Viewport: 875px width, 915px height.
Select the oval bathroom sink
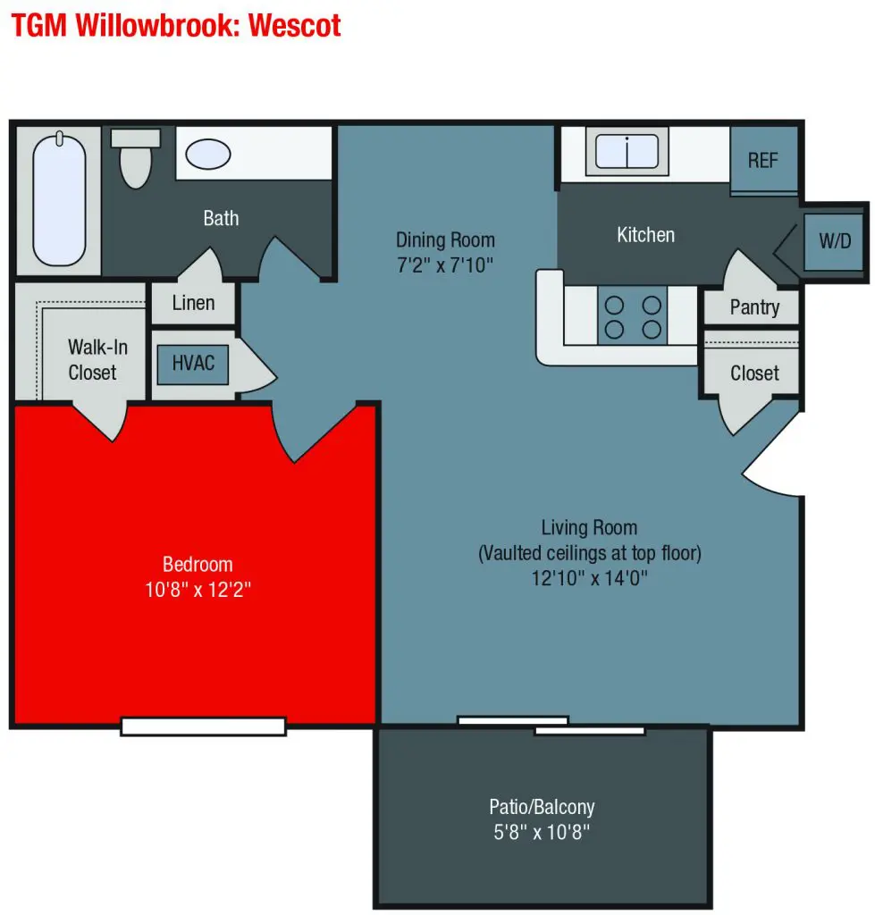pos(208,154)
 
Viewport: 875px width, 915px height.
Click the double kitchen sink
pos(627,150)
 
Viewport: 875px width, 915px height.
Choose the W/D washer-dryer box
pos(834,241)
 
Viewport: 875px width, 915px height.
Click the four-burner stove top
pos(633,315)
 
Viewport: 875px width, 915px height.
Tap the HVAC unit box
pos(193,365)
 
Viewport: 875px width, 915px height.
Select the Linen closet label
pos(193,303)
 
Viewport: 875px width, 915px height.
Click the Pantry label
pos(754,307)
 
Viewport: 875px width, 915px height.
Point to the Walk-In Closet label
pos(97,359)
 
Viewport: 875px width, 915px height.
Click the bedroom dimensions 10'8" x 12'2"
pos(198,590)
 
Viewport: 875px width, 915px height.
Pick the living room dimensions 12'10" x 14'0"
pos(590,578)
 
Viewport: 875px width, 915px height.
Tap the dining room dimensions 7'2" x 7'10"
pos(445,265)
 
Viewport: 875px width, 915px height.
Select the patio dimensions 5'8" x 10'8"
pos(542,832)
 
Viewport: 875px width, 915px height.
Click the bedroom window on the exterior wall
pos(203,726)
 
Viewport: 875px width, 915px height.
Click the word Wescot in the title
pos(295,26)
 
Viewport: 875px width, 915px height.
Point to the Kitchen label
pos(645,235)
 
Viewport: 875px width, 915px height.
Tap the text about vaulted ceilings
pos(590,553)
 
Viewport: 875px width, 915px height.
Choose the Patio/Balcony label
pos(542,807)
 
